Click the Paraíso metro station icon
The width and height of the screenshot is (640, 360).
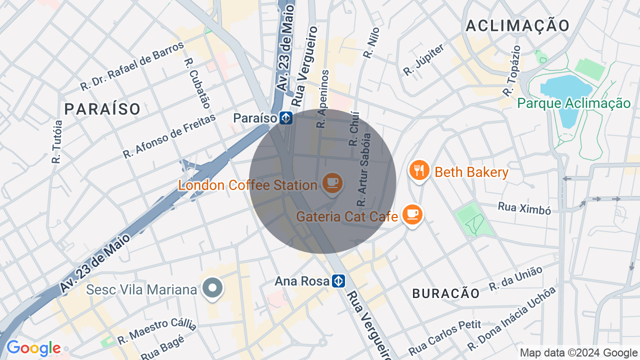pyautogui.click(x=285, y=118)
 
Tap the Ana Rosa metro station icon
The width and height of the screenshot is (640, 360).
pyautogui.click(x=338, y=281)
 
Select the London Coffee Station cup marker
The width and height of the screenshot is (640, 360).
pyautogui.click(x=332, y=183)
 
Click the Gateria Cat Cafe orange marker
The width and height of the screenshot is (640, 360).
pyautogui.click(x=412, y=214)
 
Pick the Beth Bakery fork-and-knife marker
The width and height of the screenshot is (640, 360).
pyautogui.click(x=419, y=171)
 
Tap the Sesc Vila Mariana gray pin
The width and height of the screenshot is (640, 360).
pyautogui.click(x=213, y=288)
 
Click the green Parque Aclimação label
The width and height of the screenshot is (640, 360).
pyautogui.click(x=573, y=103)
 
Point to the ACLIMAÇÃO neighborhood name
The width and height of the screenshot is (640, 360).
pyautogui.click(x=517, y=25)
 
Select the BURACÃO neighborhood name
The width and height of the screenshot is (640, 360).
pyautogui.click(x=446, y=293)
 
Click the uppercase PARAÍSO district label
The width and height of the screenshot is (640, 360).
pyautogui.click(x=102, y=108)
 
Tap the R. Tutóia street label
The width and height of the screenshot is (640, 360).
pyautogui.click(x=57, y=142)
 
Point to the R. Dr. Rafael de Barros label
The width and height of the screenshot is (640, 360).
pyautogui.click(x=132, y=66)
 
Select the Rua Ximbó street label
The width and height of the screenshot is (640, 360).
pyautogui.click(x=524, y=208)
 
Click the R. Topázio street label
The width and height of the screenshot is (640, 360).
pyautogui.click(x=512, y=71)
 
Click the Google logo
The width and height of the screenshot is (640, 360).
pyautogui.click(x=33, y=348)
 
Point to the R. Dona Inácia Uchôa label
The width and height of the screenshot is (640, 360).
pyautogui.click(x=511, y=319)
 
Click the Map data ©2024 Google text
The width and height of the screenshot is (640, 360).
pyautogui.click(x=578, y=353)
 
